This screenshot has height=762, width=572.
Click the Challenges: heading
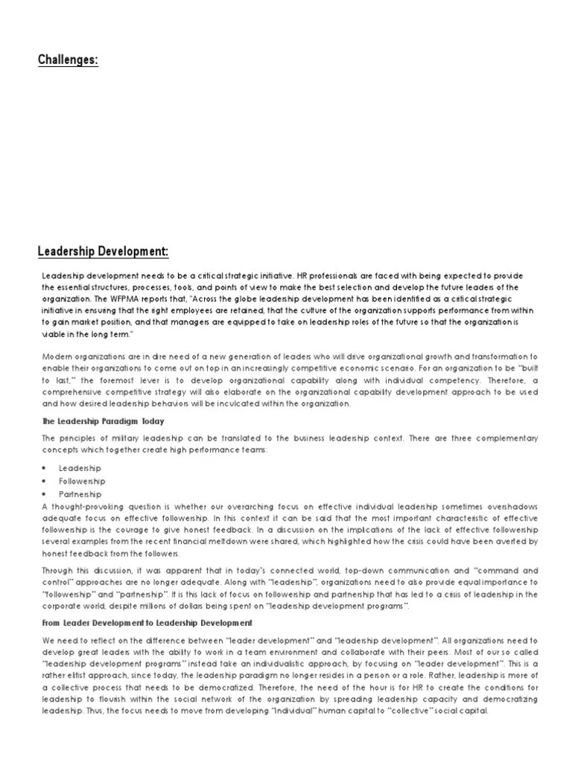68,60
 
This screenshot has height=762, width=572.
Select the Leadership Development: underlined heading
103,252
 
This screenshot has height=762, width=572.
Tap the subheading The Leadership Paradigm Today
103,422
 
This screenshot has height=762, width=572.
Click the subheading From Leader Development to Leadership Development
147,623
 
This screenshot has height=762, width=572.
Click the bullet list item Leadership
80,468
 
